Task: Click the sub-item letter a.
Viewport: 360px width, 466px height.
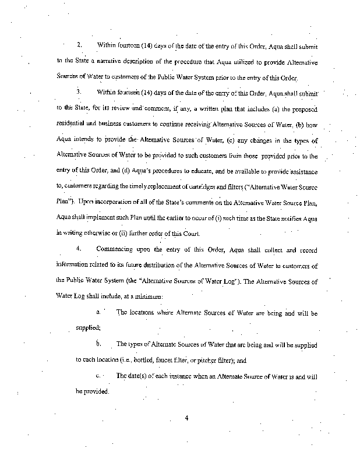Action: pos(98,313)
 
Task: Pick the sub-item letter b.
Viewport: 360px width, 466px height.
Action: pos(98,344)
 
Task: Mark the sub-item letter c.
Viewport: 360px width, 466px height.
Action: pos(98,376)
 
